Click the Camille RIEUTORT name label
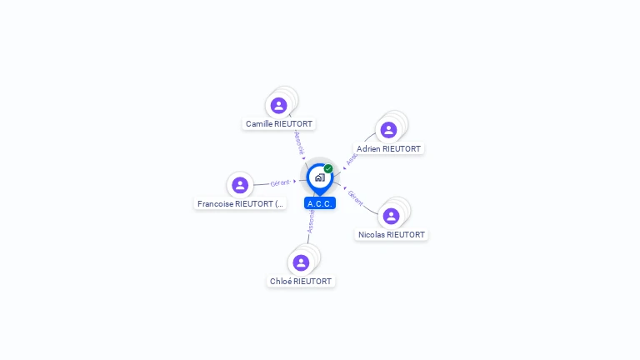click(x=279, y=124)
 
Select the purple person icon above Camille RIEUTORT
click(x=279, y=105)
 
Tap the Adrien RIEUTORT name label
click(x=388, y=149)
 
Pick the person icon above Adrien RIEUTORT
click(x=388, y=130)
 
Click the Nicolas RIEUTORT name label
click(x=391, y=235)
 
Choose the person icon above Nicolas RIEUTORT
click(x=391, y=216)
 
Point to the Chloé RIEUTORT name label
click(x=301, y=282)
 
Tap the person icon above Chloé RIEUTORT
click(x=301, y=262)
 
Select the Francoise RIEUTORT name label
click(x=240, y=203)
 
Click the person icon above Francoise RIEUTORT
click(x=240, y=185)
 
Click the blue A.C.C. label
click(x=320, y=203)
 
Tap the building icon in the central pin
click(x=319, y=177)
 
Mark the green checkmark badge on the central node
click(x=328, y=168)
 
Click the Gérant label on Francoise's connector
click(x=280, y=182)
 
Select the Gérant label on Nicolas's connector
click(x=356, y=198)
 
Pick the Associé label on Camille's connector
click(x=299, y=141)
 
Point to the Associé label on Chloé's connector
click(x=310, y=221)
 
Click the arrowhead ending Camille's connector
click(x=304, y=157)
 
